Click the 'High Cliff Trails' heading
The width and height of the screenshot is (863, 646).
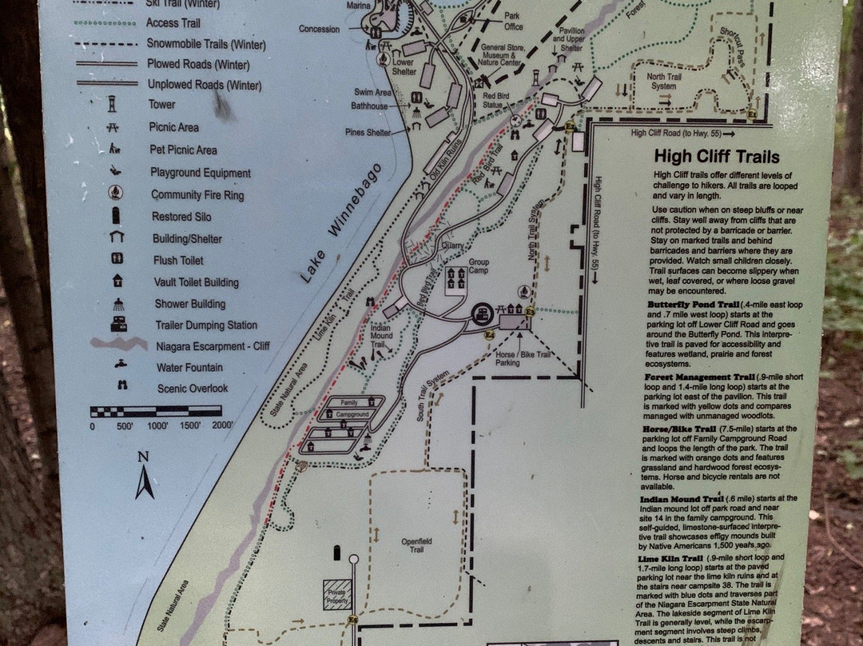(x=716, y=158)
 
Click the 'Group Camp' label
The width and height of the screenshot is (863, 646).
(x=479, y=265)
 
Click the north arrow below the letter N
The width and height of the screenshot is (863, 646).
(x=144, y=482)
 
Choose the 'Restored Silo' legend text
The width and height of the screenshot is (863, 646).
(x=182, y=217)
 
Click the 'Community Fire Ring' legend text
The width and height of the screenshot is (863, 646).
(x=197, y=195)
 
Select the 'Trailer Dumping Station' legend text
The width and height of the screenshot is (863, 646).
(x=205, y=325)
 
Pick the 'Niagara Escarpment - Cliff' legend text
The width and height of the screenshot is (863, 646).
(x=212, y=346)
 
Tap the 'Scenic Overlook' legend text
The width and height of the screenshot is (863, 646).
(x=191, y=389)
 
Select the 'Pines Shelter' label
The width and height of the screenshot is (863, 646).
(x=368, y=133)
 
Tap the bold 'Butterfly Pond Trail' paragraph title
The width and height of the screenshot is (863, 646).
(x=691, y=305)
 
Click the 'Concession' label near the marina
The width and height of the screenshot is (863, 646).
(x=320, y=30)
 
